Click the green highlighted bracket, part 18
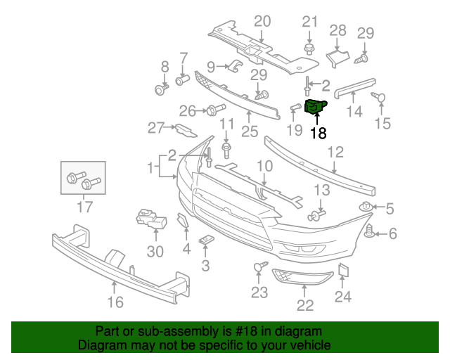coord(314,107)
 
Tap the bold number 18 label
coord(318,133)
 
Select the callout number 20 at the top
coord(262,20)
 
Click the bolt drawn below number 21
coord(309,49)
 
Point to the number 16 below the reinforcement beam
coord(115,302)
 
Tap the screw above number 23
coord(259,267)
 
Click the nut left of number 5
coord(366,207)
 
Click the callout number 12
coord(335,152)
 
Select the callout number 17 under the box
coord(84,207)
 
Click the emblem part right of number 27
coord(186,129)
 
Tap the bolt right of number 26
coord(214,110)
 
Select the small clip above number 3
coord(205,240)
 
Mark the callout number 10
coord(263,166)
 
